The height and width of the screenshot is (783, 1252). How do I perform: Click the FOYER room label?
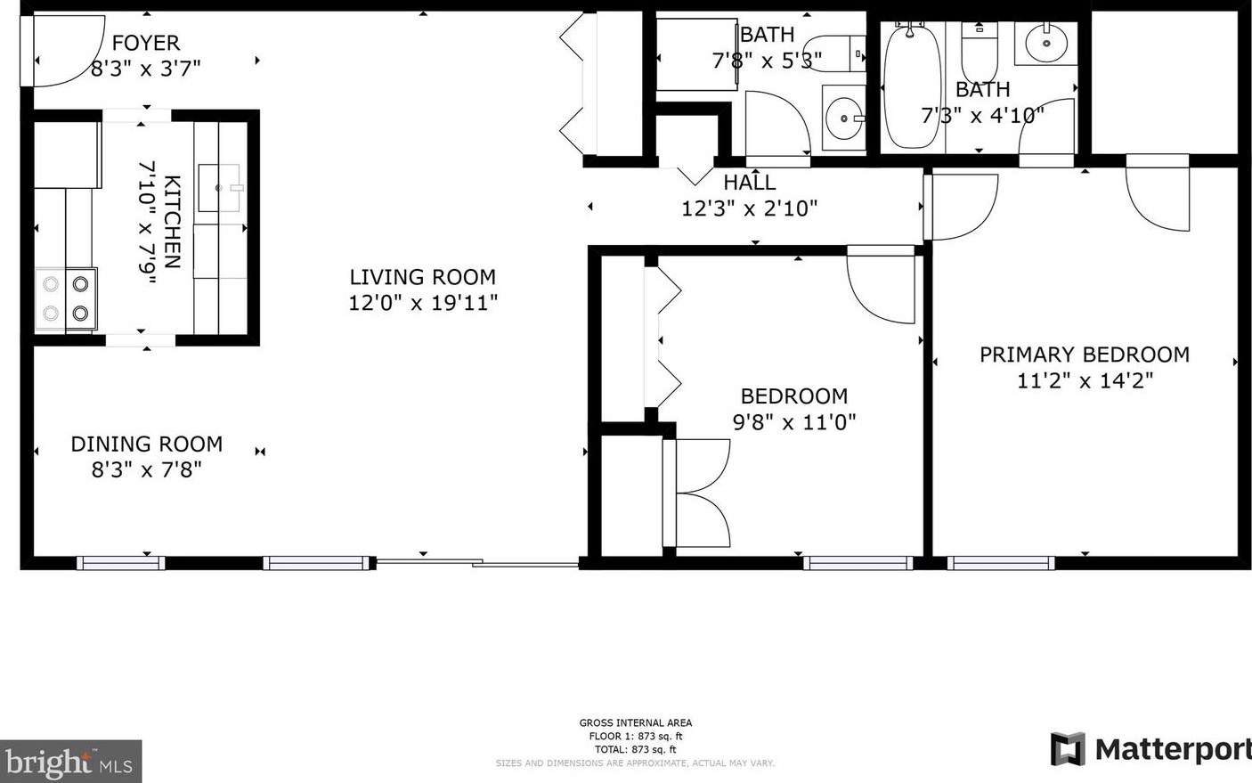click(x=146, y=43)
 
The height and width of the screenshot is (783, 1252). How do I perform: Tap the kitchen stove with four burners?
click(x=66, y=299)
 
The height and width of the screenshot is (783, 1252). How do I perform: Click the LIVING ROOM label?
click(x=423, y=277)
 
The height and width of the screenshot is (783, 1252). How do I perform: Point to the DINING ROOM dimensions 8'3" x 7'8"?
click(x=146, y=469)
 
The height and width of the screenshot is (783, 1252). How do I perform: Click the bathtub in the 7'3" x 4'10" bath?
click(x=912, y=86)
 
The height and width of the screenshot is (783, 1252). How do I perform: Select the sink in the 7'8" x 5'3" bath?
click(x=844, y=118)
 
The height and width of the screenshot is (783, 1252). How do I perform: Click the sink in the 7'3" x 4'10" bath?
click(x=1046, y=43)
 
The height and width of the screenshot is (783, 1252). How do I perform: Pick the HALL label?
click(x=750, y=183)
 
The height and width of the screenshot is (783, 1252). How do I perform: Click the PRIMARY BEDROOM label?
click(x=1085, y=355)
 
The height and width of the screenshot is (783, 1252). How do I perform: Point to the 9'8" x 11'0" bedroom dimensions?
click(x=794, y=422)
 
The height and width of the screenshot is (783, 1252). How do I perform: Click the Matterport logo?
click(x=1150, y=749)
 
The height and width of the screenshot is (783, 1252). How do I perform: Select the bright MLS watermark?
click(x=70, y=762)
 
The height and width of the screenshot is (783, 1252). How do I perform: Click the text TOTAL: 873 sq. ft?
click(x=636, y=749)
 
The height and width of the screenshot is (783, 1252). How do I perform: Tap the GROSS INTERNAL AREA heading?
click(x=636, y=722)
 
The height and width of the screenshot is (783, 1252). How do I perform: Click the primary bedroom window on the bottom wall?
click(x=1001, y=563)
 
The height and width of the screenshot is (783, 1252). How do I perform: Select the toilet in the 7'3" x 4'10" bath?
click(x=980, y=53)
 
